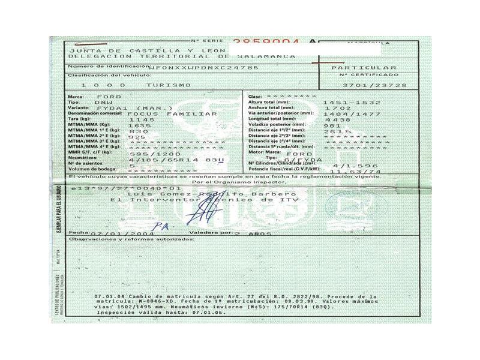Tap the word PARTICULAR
(372, 68)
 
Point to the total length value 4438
(335, 119)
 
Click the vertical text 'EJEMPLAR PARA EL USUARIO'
(59, 216)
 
